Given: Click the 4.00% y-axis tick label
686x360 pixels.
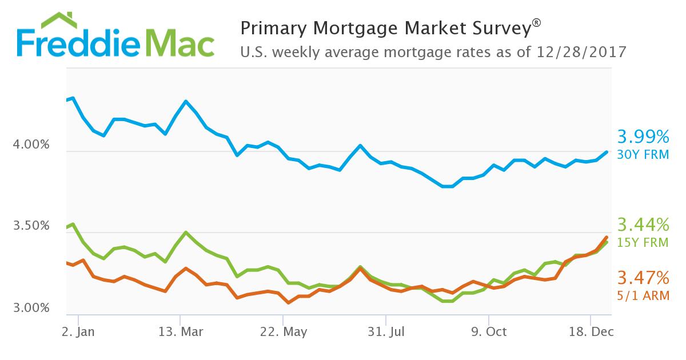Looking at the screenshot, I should (x=31, y=145).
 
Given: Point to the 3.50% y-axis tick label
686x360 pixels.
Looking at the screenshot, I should (x=31, y=226).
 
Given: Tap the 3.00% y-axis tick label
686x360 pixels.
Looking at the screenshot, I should (x=31, y=308).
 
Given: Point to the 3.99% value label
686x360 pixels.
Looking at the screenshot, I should (x=643, y=137).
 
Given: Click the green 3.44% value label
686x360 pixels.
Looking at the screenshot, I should (x=643, y=224).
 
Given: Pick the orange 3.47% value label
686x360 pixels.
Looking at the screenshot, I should (x=643, y=279).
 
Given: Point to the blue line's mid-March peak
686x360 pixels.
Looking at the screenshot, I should (x=186, y=101).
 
